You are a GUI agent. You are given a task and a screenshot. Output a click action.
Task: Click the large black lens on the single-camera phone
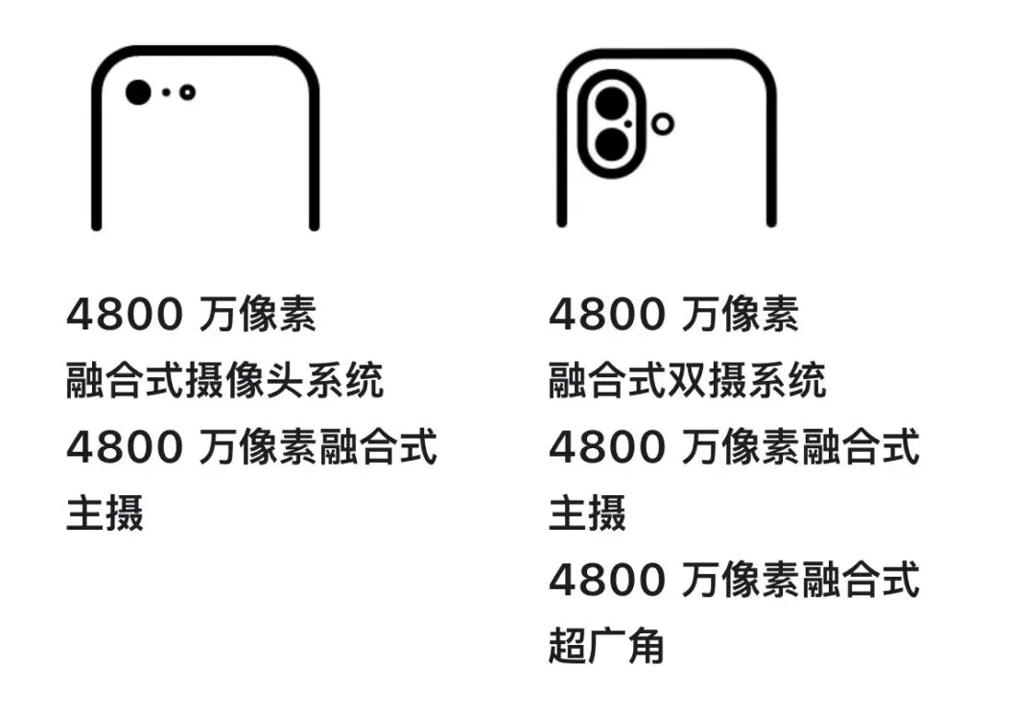pos(138,92)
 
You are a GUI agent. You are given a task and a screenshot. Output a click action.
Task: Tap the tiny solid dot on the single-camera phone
pos(166,92)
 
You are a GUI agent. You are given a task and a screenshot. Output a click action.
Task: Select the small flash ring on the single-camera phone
pos(187,92)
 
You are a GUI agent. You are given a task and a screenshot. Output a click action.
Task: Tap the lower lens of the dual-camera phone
pos(610,145)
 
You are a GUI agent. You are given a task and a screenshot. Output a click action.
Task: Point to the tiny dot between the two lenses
pos(627,124)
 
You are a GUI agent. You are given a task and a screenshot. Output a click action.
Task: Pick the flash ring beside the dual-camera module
pos(662,123)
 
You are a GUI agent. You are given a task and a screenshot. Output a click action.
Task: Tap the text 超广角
pos(606,647)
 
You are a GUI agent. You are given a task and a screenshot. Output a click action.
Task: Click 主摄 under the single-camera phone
pos(105,513)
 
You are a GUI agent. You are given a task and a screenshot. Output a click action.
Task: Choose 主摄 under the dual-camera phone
pos(587,513)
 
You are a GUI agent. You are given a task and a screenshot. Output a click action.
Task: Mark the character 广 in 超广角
pos(606,647)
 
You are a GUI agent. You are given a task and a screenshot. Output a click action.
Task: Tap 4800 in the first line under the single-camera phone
pos(124,315)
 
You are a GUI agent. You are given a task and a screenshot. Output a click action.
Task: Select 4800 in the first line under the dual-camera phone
pos(606,315)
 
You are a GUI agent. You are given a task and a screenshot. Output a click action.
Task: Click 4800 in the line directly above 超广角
pos(606,581)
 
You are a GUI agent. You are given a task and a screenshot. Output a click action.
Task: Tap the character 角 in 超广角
pos(646,647)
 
